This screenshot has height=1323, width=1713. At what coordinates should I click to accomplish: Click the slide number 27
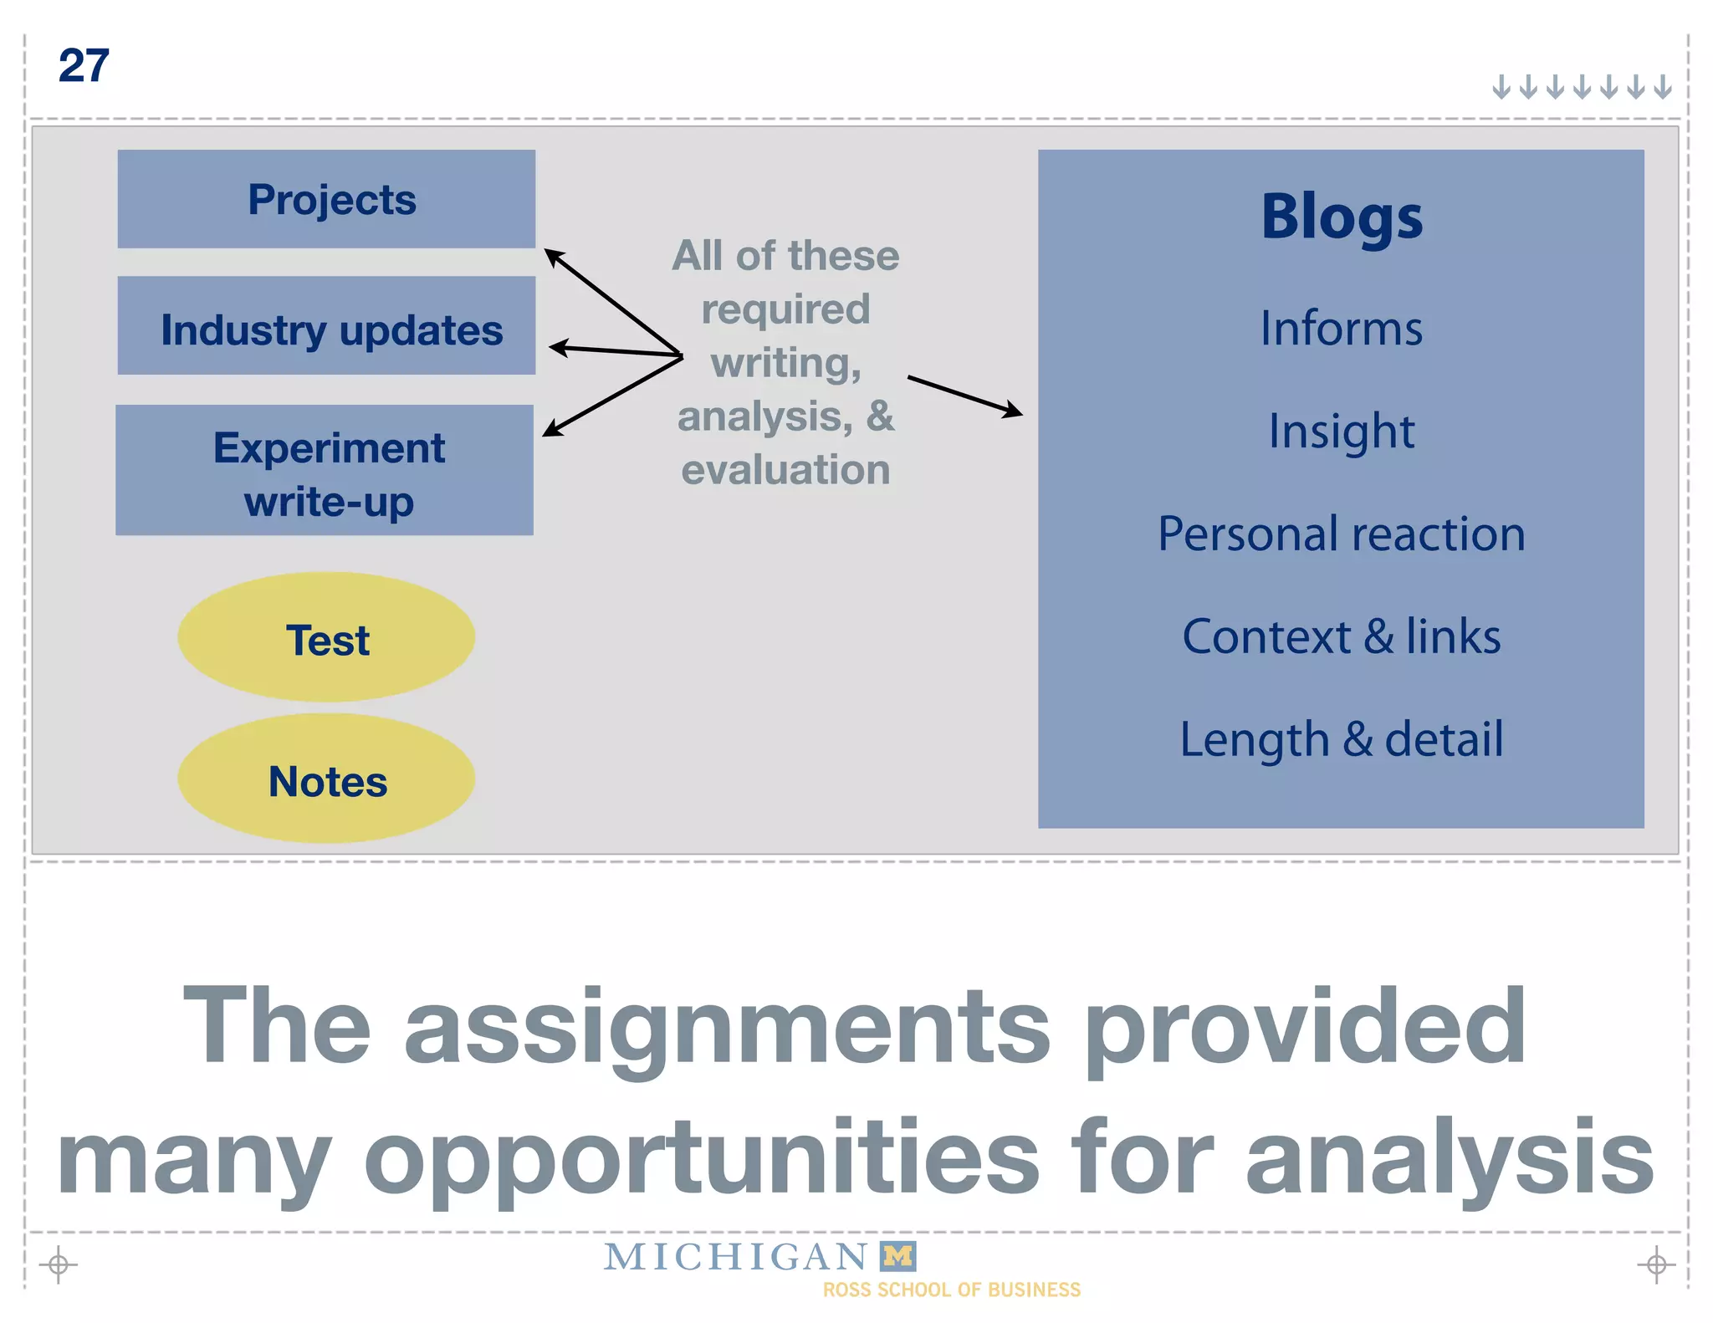pyautogui.click(x=84, y=66)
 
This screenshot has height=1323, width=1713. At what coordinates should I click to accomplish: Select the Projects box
pyautogui.click(x=326, y=199)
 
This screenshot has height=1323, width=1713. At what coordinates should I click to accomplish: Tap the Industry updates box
pyautogui.click(x=326, y=326)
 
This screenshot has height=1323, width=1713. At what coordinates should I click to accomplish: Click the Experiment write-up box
pyautogui.click(x=325, y=470)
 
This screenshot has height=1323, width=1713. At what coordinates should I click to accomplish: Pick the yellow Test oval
pyautogui.click(x=326, y=637)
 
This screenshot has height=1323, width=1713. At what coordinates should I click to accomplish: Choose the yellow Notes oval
pyautogui.click(x=326, y=779)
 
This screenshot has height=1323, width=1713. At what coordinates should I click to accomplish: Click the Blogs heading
pyautogui.click(x=1342, y=217)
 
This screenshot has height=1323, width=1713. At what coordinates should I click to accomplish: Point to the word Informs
pyautogui.click(x=1342, y=328)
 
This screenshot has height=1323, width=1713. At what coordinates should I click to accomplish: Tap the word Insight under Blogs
pyautogui.click(x=1342, y=432)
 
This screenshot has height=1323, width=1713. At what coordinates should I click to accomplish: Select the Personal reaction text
pyautogui.click(x=1342, y=534)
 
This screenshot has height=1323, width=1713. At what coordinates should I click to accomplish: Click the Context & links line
pyautogui.click(x=1342, y=636)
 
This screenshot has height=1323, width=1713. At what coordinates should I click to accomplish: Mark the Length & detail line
pyautogui.click(x=1342, y=739)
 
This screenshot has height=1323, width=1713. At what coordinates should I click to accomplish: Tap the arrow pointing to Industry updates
pyautogui.click(x=615, y=351)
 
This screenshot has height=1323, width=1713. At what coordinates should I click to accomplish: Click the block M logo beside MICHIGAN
pyautogui.click(x=898, y=1255)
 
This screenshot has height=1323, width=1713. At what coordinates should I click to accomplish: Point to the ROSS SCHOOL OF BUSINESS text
pyautogui.click(x=952, y=1290)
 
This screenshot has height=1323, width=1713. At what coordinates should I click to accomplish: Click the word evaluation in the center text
pyautogui.click(x=785, y=469)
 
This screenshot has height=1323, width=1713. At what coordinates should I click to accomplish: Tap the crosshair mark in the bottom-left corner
pyautogui.click(x=59, y=1264)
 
